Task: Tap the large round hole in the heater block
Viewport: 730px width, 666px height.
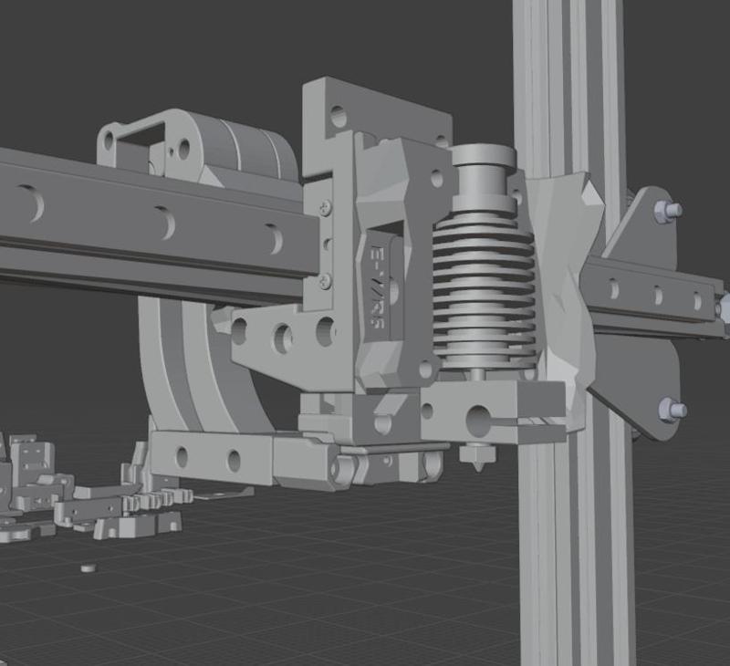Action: [x=478, y=420]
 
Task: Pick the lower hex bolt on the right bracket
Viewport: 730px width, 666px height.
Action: [x=672, y=409]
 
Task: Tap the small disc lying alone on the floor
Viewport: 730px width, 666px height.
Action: [x=88, y=567]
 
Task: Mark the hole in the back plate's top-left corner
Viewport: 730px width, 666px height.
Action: [x=339, y=117]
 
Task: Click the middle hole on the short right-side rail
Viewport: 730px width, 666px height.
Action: [x=658, y=296]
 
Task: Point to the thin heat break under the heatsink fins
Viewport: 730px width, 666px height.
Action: [x=477, y=371]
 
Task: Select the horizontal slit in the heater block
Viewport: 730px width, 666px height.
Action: [x=525, y=421]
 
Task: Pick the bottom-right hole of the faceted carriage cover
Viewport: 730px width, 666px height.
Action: [x=425, y=369]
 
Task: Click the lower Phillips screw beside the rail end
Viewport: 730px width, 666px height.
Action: [x=326, y=280]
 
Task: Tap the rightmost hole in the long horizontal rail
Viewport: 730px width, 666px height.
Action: [x=273, y=239]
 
